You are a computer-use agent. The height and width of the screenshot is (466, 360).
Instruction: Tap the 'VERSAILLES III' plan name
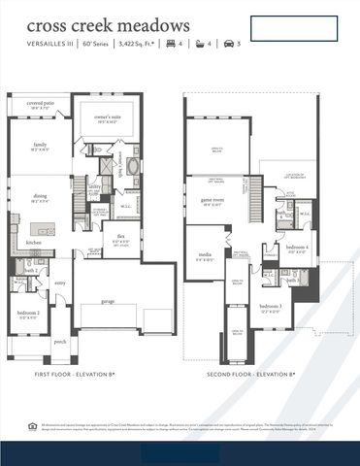(x=48, y=44)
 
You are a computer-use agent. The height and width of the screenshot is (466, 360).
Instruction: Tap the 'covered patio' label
(x=41, y=102)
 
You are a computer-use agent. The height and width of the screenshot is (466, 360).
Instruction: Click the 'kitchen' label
(x=33, y=242)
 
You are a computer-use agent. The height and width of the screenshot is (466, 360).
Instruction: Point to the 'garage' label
(x=107, y=301)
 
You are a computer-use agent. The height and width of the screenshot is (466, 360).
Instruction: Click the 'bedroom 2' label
(x=29, y=313)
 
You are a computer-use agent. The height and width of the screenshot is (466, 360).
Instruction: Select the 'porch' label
(x=59, y=342)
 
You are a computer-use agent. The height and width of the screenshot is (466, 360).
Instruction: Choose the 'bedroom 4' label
(x=296, y=248)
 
